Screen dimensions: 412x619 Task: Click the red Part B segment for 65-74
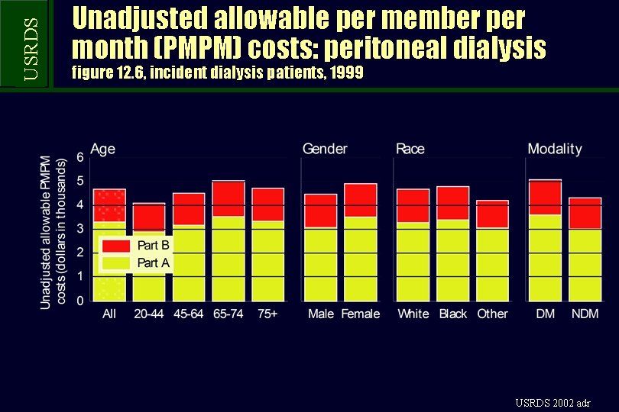228,198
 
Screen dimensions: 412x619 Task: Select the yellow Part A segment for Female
360,259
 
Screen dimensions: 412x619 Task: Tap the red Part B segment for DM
545,198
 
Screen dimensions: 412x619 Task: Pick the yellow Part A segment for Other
492,264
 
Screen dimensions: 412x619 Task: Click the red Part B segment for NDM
585,214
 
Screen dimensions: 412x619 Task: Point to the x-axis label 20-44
149,314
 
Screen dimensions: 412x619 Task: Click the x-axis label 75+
267,314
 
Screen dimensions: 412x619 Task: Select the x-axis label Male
321,314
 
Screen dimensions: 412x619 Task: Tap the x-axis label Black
453,314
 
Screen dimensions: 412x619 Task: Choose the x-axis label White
413,314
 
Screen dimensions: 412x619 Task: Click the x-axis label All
110,314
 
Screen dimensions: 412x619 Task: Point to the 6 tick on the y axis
80,157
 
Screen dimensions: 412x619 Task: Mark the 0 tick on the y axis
80,301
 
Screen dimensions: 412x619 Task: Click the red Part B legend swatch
116,246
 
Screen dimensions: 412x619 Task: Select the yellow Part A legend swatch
116,263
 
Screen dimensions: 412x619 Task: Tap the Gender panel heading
325,149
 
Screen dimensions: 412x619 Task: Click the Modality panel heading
554,149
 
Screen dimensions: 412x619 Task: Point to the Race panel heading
410,149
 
